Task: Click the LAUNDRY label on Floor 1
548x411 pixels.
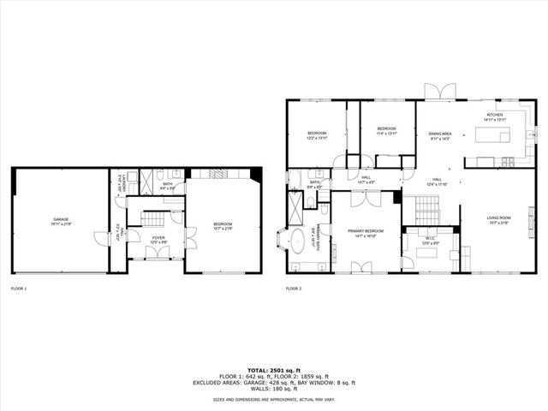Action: click(125, 182)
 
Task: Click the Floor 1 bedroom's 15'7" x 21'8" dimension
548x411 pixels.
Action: click(223, 229)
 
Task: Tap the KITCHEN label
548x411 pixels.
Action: click(496, 115)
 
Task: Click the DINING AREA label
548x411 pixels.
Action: click(440, 134)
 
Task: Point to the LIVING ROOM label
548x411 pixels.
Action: click(498, 217)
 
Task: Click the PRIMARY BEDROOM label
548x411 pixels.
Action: click(365, 230)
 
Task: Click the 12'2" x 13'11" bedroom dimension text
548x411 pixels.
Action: click(318, 138)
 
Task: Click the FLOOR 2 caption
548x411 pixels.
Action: click(294, 289)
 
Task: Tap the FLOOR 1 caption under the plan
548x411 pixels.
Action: click(19, 289)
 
